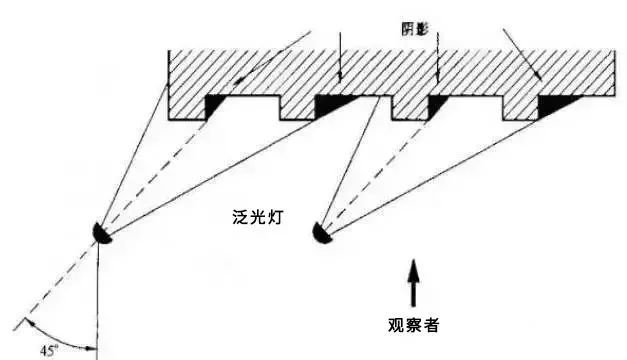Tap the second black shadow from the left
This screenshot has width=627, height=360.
click(332, 103)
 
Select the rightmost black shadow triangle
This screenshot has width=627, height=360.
click(554, 104)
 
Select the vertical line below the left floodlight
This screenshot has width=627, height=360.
click(98, 300)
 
